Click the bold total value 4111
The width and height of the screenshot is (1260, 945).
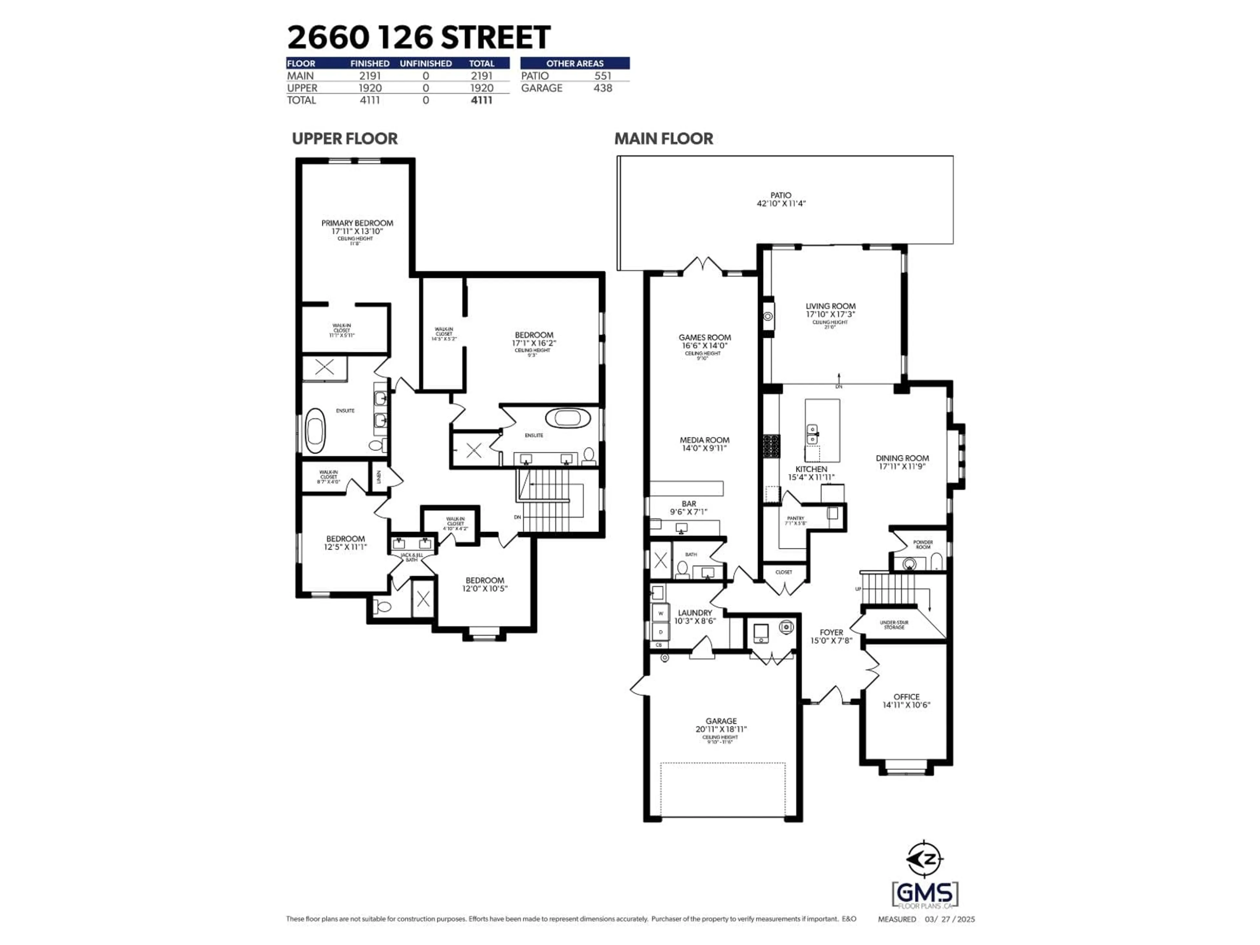point(481,100)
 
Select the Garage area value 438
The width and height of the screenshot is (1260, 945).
point(603,88)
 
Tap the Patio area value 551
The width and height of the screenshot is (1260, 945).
point(603,76)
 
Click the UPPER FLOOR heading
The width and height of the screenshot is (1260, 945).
point(345,139)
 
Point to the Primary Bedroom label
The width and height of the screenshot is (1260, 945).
point(357,223)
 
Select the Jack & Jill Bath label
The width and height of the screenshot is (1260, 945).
point(411,557)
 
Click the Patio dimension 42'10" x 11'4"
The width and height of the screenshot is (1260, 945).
point(781,203)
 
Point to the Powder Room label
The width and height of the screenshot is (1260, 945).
point(923,545)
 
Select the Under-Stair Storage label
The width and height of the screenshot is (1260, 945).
point(894,624)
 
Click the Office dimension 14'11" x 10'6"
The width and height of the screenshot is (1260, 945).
point(906,705)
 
